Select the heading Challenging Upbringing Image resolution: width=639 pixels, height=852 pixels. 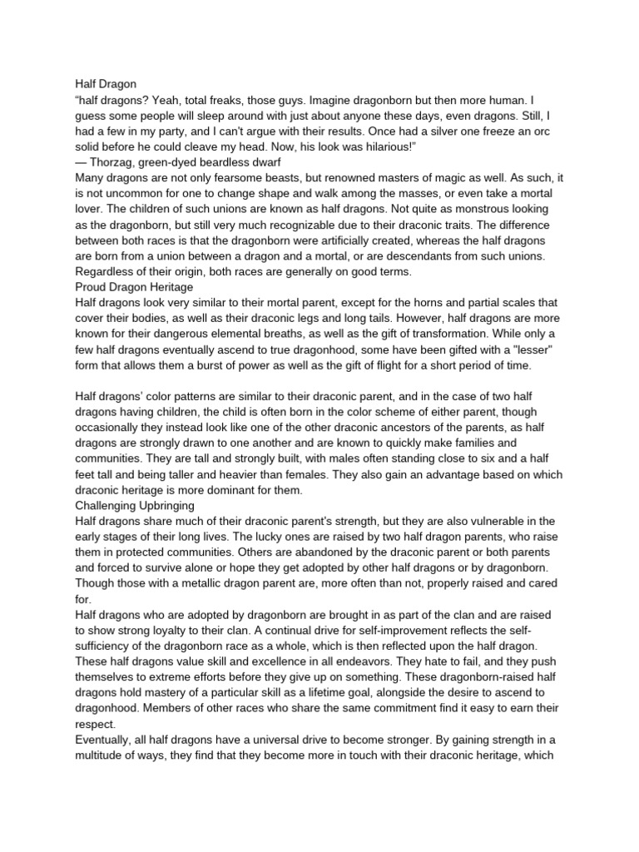[x=135, y=505]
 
